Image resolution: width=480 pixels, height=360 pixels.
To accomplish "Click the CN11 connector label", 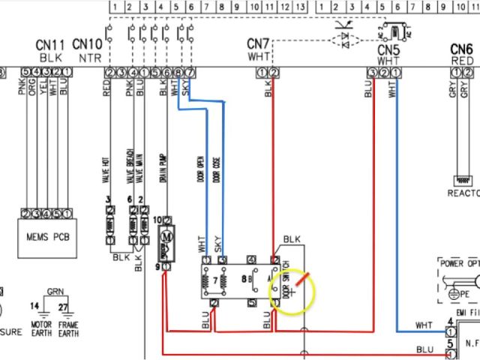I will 50,46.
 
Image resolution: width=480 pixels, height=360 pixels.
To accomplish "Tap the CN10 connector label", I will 88,46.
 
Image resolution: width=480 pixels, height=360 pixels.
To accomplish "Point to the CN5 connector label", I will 388,49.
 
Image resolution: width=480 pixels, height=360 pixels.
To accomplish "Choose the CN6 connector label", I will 460,49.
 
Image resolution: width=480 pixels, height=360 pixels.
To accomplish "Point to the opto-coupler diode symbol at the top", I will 346,38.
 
